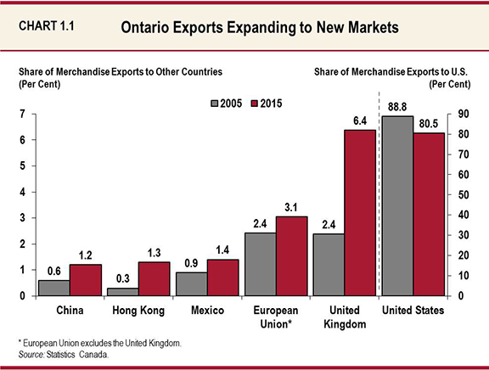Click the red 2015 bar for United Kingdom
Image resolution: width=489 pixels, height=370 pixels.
coord(359,213)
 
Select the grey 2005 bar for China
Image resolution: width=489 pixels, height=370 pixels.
coord(54,288)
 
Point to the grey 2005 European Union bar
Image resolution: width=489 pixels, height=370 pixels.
coord(259,264)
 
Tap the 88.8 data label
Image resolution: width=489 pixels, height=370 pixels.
coord(397,107)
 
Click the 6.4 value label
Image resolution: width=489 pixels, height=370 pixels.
coord(359,121)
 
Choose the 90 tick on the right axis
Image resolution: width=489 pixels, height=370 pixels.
coord(463,114)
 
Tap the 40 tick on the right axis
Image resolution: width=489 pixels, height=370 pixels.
coord(463,215)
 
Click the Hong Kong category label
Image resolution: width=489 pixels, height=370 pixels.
coord(139,311)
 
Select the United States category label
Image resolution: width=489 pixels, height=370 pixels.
coord(413,311)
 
